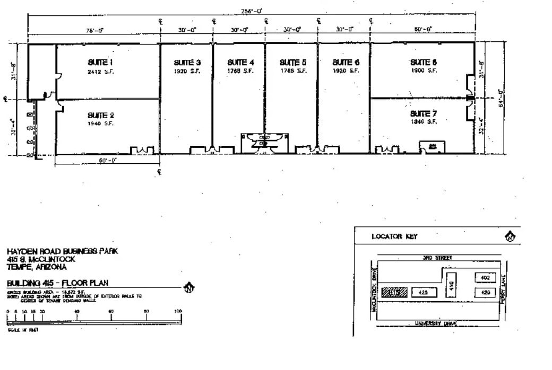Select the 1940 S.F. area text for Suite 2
tap(100, 124)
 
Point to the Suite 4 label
tap(240, 62)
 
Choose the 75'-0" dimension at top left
tap(96, 30)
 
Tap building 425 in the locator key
tap(423, 292)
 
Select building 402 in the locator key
tap(485, 277)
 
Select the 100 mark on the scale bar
tap(178, 311)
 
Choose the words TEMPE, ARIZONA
tap(37, 267)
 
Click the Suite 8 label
tap(423, 62)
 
